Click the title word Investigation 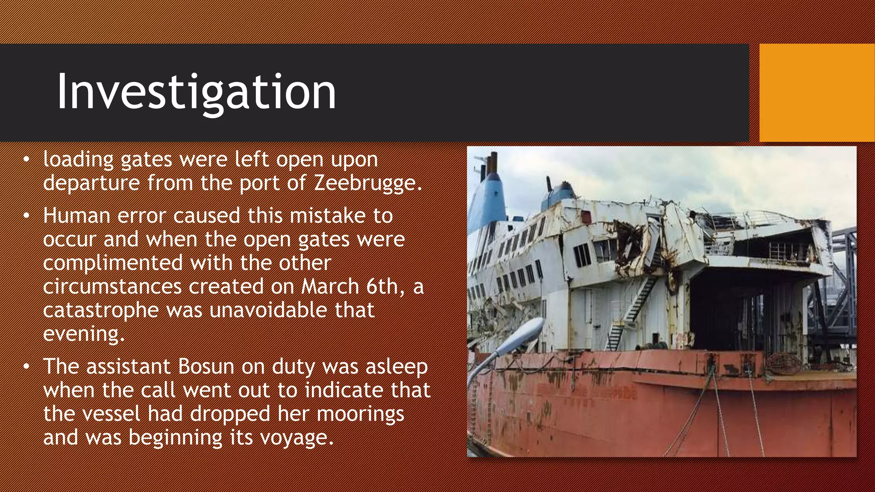pos(197,92)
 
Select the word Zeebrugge pos(368,183)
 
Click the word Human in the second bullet pos(77,216)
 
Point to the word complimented pos(113,263)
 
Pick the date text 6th pos(382,286)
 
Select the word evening pos(84,334)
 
